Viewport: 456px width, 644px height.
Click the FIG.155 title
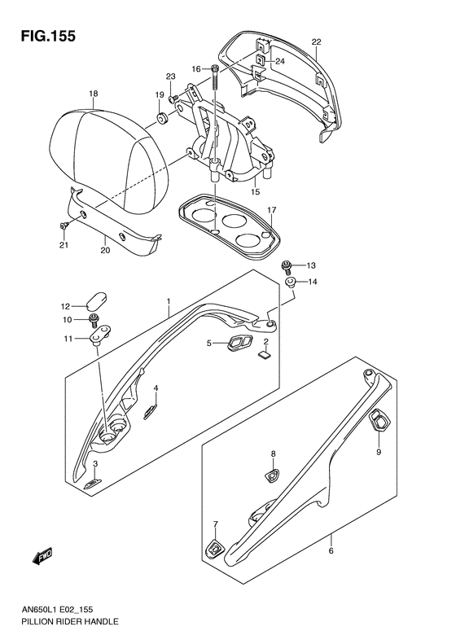[49, 36]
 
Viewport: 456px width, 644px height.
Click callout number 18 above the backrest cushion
[94, 94]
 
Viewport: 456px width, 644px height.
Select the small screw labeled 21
[64, 225]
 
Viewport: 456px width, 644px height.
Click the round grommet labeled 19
[161, 117]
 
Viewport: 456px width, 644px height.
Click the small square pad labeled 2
[265, 355]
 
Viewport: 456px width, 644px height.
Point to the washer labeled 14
[290, 283]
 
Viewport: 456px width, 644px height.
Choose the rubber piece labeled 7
[215, 548]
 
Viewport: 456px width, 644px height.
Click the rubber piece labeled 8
[272, 475]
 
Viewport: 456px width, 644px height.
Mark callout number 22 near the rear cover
[316, 42]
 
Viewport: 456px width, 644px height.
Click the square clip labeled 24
[261, 60]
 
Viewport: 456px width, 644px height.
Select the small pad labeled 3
[92, 484]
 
